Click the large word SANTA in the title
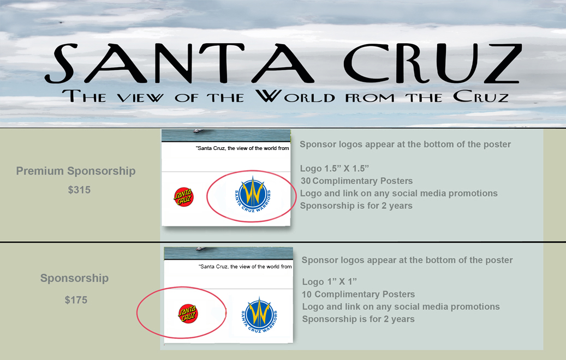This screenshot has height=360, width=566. click(x=179, y=63)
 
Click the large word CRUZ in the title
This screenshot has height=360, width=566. click(x=432, y=63)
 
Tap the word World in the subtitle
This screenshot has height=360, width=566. click(x=295, y=96)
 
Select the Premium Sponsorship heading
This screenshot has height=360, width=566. click(x=76, y=171)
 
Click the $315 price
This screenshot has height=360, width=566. click(x=79, y=190)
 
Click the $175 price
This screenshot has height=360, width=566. click(x=76, y=300)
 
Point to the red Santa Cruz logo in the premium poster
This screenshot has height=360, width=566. click(x=184, y=196)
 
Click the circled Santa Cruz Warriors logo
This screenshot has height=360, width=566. click(x=252, y=195)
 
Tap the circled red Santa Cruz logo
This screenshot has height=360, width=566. click(x=188, y=313)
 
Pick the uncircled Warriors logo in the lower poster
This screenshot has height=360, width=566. click(x=259, y=314)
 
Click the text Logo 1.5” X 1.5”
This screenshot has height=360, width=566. click(x=334, y=169)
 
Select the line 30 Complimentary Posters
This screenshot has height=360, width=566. click(x=356, y=181)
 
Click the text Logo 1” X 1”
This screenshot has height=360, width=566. click(x=329, y=281)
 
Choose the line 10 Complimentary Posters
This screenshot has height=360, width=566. click(x=358, y=295)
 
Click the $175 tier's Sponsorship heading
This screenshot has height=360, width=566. click(x=74, y=278)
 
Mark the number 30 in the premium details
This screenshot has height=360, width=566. click(x=306, y=181)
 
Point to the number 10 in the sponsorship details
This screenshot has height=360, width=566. click(x=307, y=295)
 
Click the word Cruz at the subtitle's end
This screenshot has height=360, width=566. click(x=481, y=97)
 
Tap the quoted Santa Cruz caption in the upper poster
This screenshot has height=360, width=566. click(x=242, y=148)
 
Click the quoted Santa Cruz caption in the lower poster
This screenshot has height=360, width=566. click(x=245, y=267)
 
